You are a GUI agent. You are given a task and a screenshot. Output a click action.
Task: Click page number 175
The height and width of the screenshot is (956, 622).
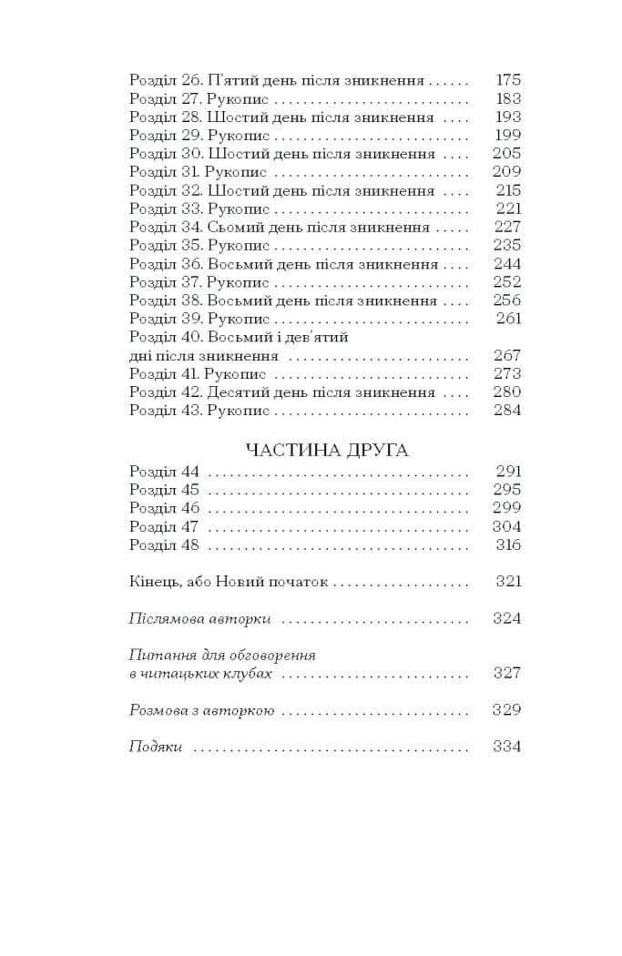click(507, 80)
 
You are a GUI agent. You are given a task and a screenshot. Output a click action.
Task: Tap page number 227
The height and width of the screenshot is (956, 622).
click(507, 227)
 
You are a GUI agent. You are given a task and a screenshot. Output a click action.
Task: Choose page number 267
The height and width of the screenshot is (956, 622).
click(507, 355)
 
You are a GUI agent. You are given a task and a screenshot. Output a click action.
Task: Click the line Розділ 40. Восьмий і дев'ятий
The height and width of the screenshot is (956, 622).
click(240, 337)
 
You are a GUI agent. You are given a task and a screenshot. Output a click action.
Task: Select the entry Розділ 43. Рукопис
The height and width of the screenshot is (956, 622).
click(199, 411)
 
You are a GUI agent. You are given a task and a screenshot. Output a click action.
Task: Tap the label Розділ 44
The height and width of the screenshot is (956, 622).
click(164, 472)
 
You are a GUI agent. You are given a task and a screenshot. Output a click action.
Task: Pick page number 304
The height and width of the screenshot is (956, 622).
click(507, 526)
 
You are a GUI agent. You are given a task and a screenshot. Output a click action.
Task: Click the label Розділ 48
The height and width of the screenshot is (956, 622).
click(164, 544)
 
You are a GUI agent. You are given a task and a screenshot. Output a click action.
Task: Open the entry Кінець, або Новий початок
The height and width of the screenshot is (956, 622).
click(228, 582)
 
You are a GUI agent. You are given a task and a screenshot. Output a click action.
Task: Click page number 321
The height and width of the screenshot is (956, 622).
click(507, 582)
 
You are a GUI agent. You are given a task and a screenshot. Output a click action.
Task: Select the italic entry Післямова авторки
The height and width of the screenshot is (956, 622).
click(200, 619)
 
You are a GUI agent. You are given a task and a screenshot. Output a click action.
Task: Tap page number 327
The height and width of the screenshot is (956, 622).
click(507, 673)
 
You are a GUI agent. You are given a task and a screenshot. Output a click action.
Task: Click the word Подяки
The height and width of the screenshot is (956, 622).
click(157, 747)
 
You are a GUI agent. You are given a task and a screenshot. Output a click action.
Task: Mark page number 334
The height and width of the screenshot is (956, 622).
click(507, 747)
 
